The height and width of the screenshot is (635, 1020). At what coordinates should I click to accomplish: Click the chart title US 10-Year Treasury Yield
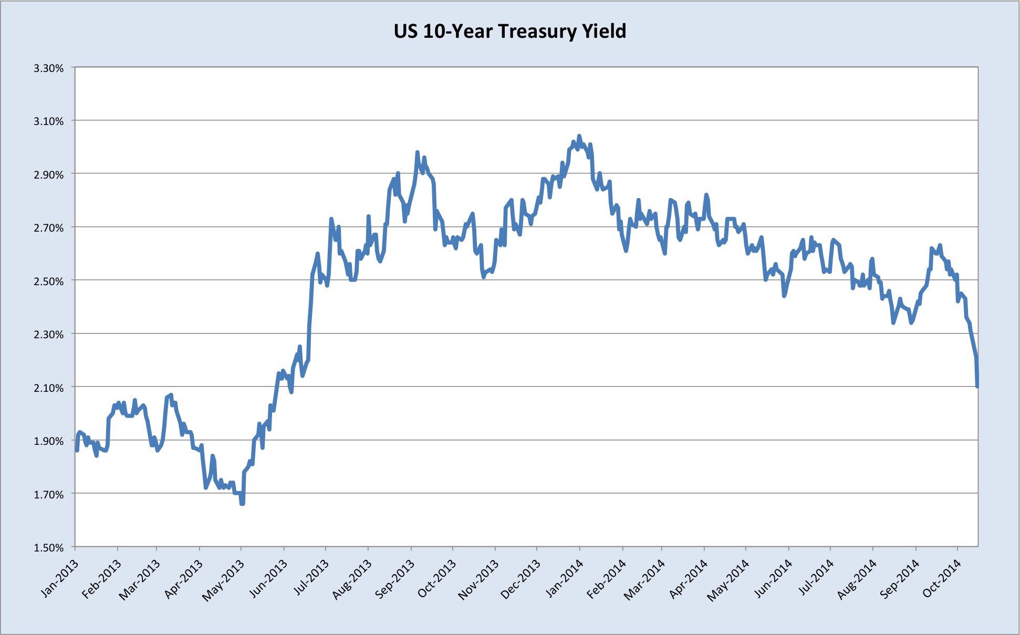tap(509, 32)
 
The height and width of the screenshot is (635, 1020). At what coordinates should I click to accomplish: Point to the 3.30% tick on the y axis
tap(49, 68)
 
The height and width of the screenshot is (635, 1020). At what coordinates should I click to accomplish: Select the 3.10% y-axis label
tap(49, 121)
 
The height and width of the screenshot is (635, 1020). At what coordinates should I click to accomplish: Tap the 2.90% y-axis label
tap(49, 174)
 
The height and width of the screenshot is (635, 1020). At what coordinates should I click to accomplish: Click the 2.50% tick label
tap(49, 281)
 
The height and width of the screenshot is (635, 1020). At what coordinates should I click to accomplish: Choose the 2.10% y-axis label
tap(49, 388)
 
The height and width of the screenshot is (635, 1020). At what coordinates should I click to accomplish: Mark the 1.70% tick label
tap(49, 494)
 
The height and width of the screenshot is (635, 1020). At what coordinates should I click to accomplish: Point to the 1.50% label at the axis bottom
tap(49, 547)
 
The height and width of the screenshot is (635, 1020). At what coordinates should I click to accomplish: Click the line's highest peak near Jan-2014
tap(579, 136)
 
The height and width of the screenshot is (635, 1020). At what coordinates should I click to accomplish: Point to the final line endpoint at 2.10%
tap(977, 387)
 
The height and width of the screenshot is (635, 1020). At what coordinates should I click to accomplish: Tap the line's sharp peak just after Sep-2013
tap(418, 152)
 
